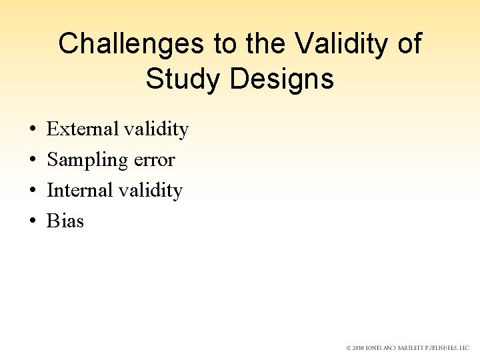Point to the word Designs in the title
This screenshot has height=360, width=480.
tap(281, 79)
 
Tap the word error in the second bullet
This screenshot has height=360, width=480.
tap(153, 160)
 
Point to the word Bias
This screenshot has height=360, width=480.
tap(65, 221)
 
